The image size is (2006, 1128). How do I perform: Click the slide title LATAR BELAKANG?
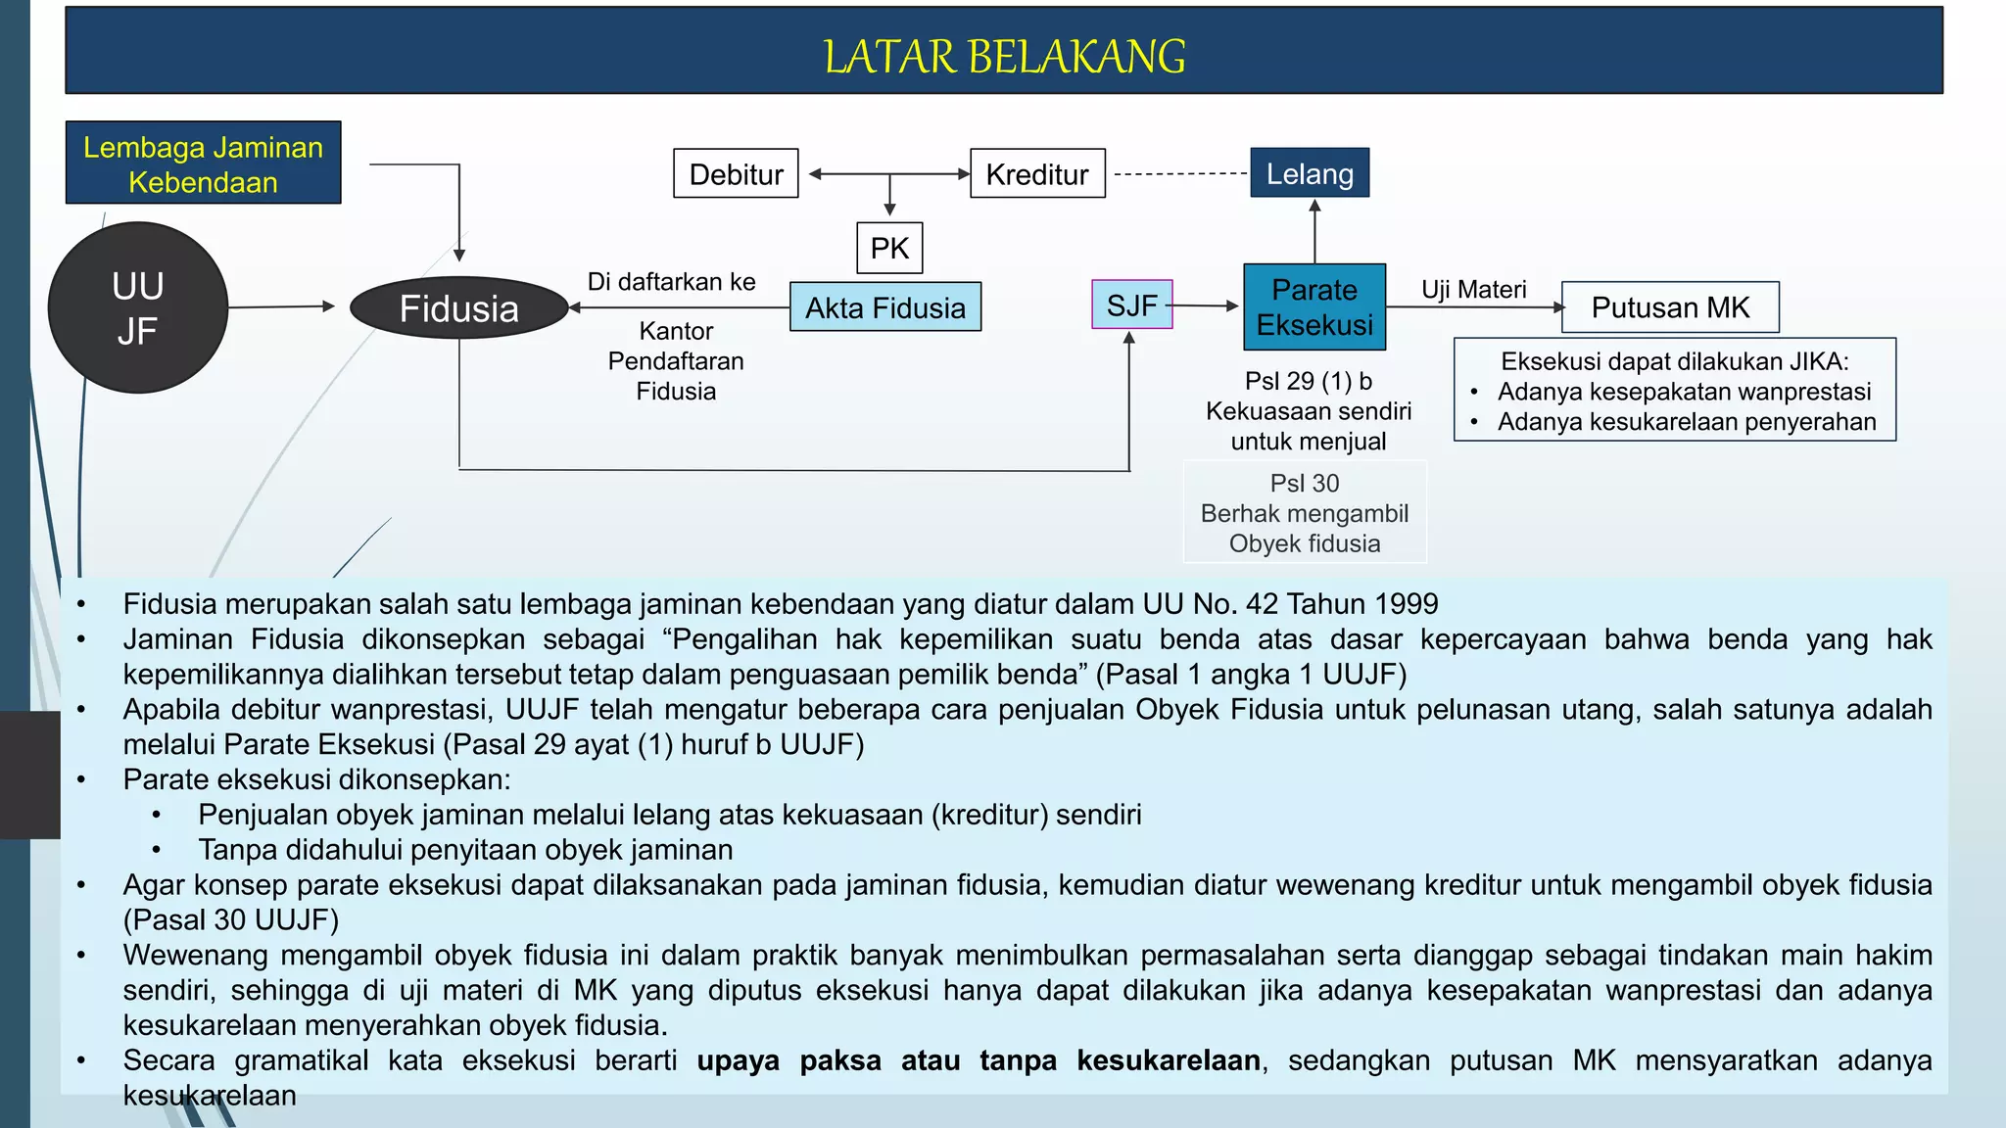click(1004, 57)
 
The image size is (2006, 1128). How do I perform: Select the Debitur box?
click(736, 174)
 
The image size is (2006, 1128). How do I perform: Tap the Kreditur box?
click(1037, 174)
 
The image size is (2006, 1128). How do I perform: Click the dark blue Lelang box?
click(1310, 173)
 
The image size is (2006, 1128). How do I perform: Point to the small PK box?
click(889, 248)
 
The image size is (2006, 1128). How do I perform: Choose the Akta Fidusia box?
click(885, 307)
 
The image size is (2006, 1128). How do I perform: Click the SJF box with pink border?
click(1131, 305)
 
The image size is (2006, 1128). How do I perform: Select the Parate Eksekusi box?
click(1314, 306)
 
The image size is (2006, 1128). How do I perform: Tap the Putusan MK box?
click(1670, 307)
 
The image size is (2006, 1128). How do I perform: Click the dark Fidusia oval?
click(458, 308)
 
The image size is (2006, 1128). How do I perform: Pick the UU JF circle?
click(138, 308)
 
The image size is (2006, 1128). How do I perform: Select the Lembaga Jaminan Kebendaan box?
click(203, 164)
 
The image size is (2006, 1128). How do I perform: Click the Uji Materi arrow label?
click(1473, 289)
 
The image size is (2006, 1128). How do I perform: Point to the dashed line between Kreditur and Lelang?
click(1179, 174)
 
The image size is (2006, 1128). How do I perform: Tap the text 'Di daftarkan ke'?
click(671, 282)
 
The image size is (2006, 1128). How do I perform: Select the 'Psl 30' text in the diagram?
click(1304, 483)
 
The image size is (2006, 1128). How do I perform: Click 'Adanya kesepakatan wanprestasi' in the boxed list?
click(1684, 392)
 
